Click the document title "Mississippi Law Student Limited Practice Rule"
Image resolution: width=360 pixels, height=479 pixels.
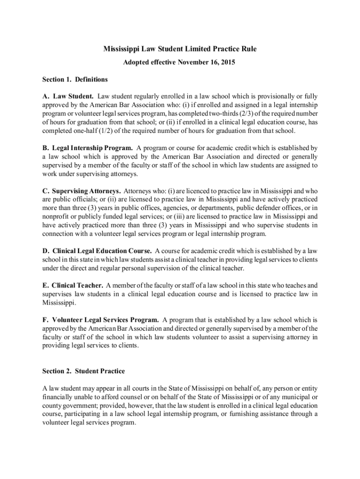coord(180,49)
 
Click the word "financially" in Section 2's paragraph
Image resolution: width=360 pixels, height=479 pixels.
coord(58,397)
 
